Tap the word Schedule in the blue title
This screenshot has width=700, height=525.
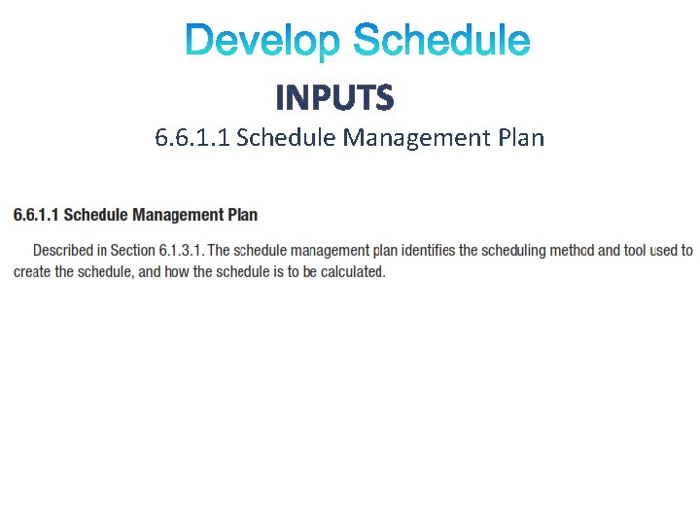pyautogui.click(x=441, y=42)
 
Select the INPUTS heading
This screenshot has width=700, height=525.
pyautogui.click(x=334, y=97)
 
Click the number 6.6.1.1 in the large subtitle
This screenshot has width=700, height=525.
pyautogui.click(x=192, y=138)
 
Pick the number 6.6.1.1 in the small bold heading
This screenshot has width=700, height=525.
pyautogui.click(x=36, y=215)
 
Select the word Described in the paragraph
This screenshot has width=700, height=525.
pyautogui.click(x=69, y=251)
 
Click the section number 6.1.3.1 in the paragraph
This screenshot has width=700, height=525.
pyautogui.click(x=183, y=251)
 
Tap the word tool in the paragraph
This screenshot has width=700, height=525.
pyautogui.click(x=635, y=251)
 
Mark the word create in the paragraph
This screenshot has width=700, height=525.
pyautogui.click(x=32, y=272)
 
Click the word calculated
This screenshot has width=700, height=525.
pyautogui.click(x=354, y=272)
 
